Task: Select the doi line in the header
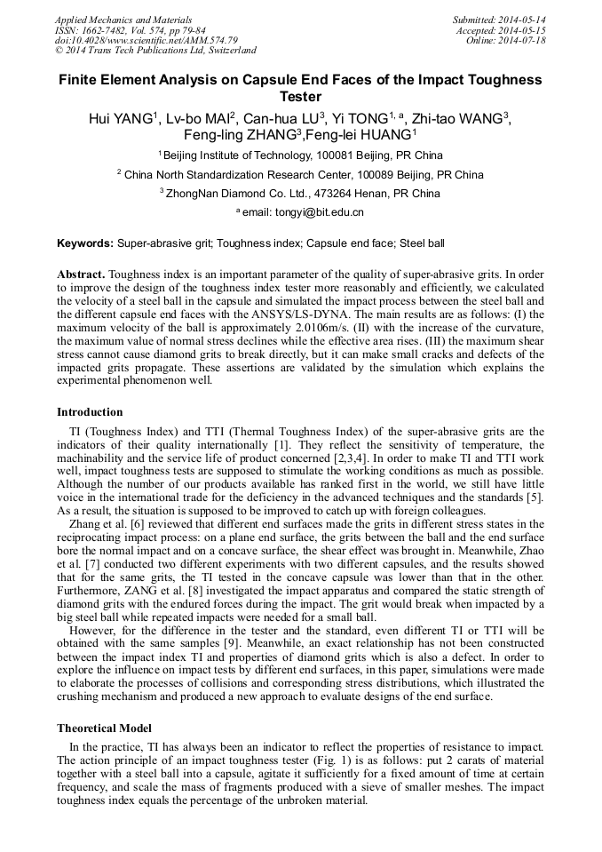click(x=146, y=41)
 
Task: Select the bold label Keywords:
click(x=85, y=243)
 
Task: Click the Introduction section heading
click(x=90, y=412)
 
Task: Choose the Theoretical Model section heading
click(x=104, y=729)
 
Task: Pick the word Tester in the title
click(x=300, y=97)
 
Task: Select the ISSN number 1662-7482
click(x=99, y=30)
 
